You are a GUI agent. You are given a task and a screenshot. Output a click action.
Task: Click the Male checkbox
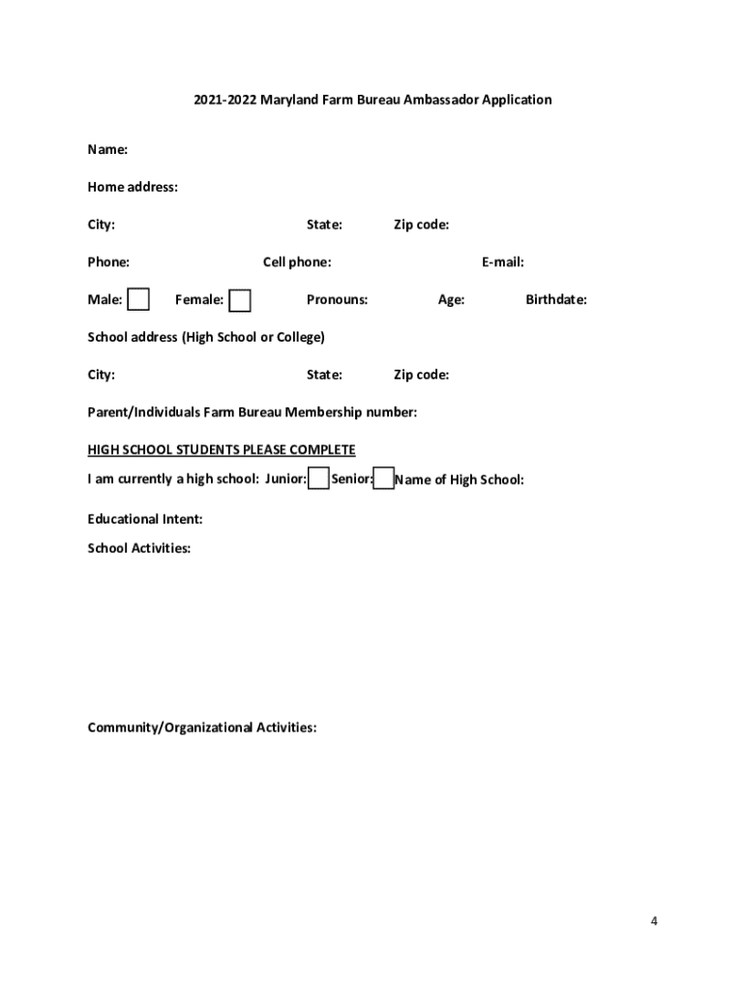pyautogui.click(x=138, y=300)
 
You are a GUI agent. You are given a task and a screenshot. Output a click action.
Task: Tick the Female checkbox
pyautogui.click(x=240, y=301)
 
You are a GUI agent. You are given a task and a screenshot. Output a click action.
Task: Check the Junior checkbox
pyautogui.click(x=318, y=479)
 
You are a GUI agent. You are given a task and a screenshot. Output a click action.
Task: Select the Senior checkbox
pyautogui.click(x=384, y=479)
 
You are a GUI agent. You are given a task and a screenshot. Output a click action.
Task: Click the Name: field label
pyautogui.click(x=107, y=150)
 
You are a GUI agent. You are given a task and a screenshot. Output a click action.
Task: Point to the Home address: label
pyautogui.click(x=133, y=188)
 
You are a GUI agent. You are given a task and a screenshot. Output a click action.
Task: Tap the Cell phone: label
pyautogui.click(x=297, y=262)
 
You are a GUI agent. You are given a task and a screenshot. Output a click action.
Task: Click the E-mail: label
pyautogui.click(x=502, y=262)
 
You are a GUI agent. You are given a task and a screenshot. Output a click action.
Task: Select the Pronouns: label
pyautogui.click(x=337, y=300)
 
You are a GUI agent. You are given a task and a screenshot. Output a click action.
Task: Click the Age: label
pyautogui.click(x=451, y=300)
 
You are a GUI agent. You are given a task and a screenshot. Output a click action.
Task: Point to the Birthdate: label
pyautogui.click(x=555, y=300)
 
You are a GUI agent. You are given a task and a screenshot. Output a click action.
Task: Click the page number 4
pyautogui.click(x=654, y=921)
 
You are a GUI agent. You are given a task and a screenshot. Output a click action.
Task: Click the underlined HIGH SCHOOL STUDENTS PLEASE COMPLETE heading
pyautogui.click(x=222, y=450)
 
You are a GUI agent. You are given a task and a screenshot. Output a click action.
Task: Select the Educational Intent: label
pyautogui.click(x=145, y=520)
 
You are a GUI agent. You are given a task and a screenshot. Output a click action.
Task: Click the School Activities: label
pyautogui.click(x=138, y=549)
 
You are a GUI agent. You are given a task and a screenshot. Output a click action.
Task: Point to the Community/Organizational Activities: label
pyautogui.click(x=201, y=728)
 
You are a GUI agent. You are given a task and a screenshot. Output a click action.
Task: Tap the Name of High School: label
pyautogui.click(x=460, y=480)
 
